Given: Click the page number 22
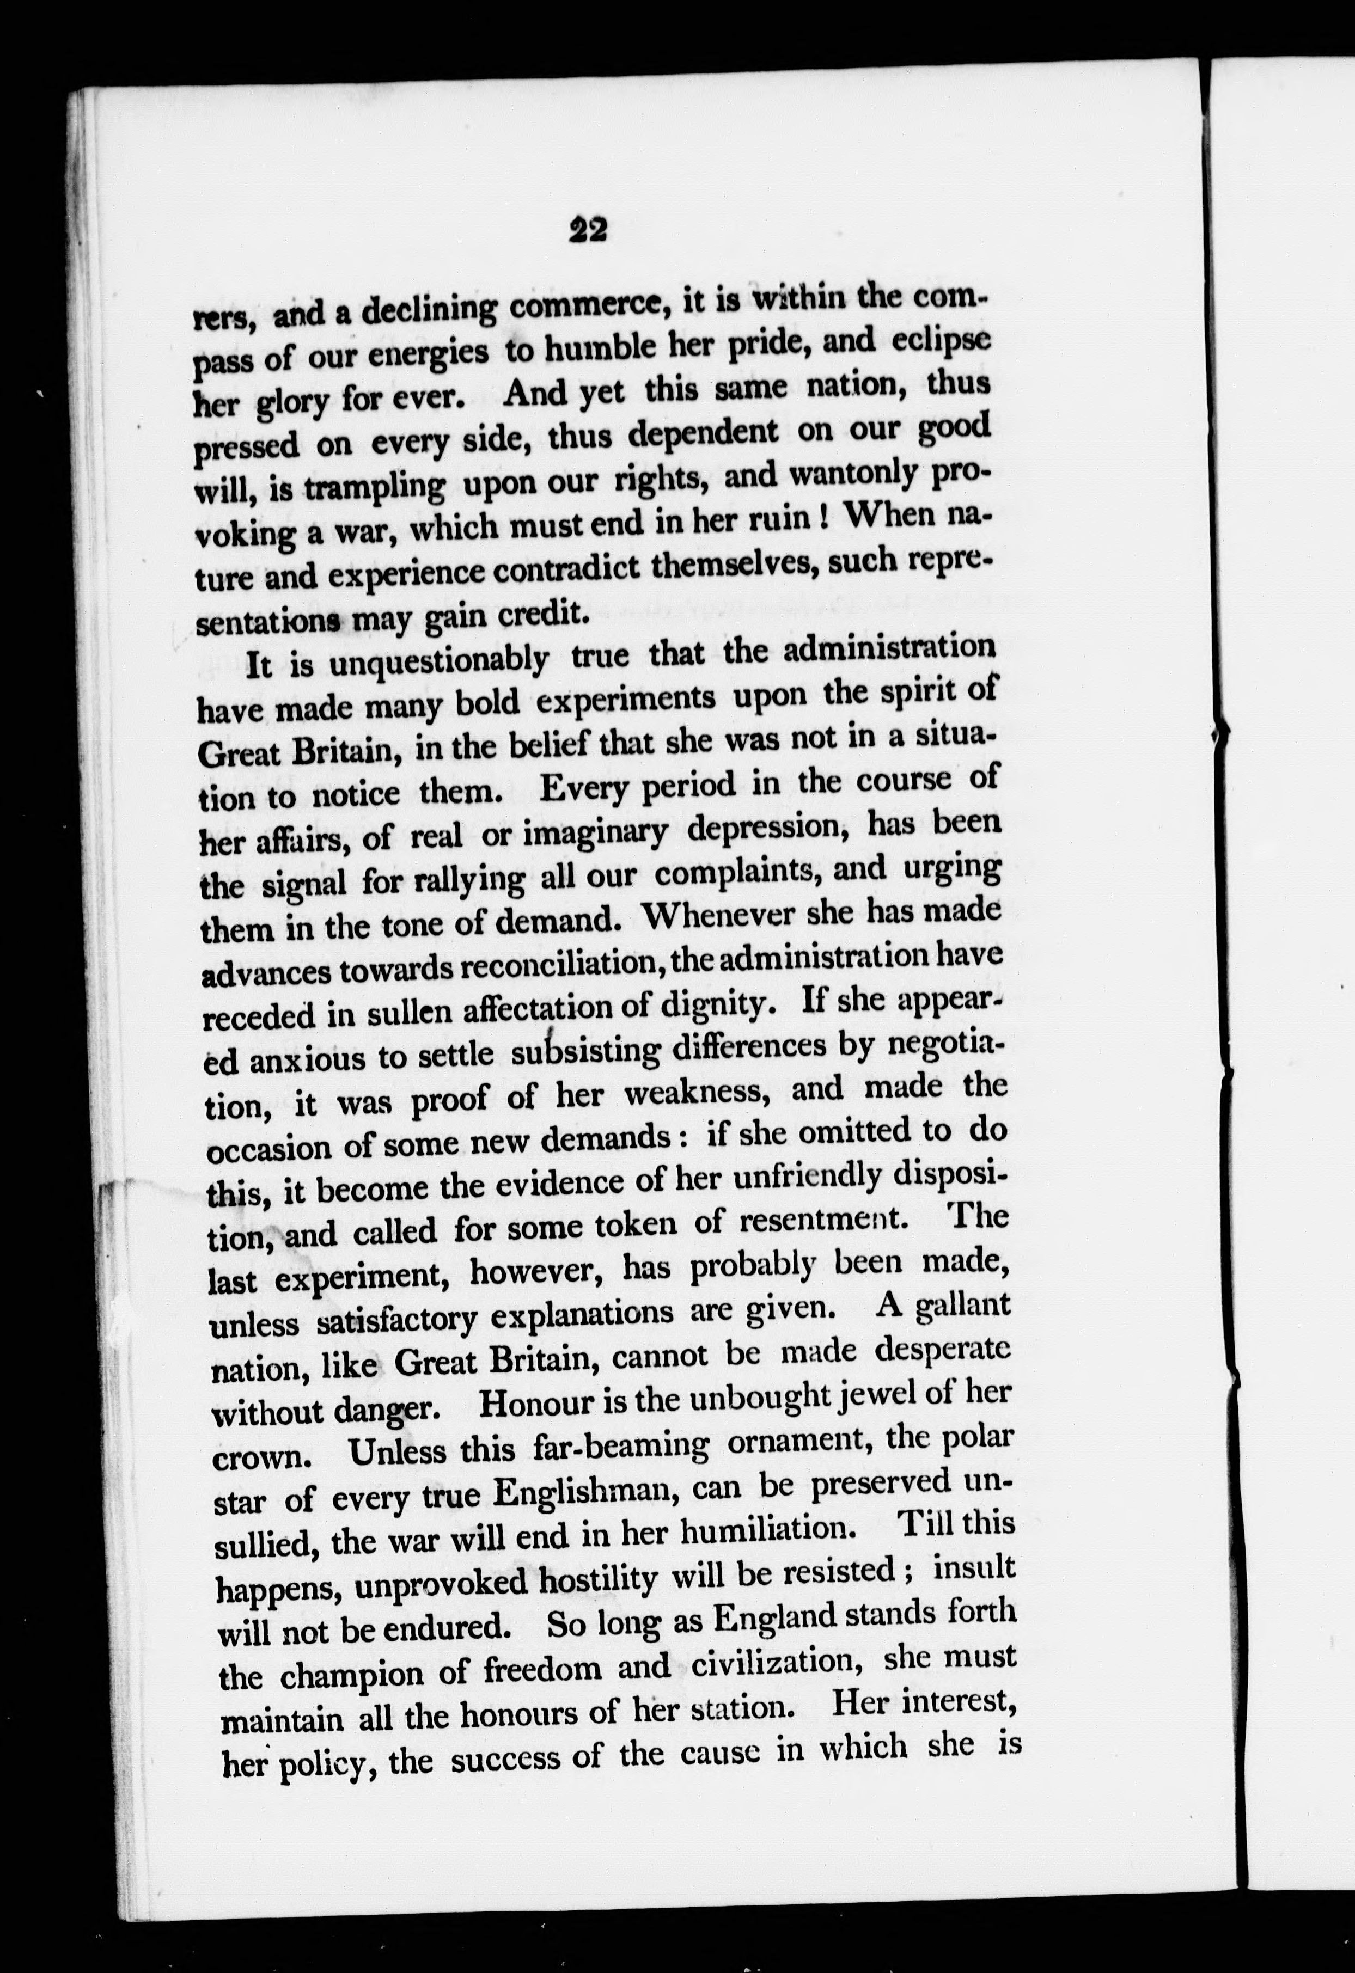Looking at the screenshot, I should coord(588,230).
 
